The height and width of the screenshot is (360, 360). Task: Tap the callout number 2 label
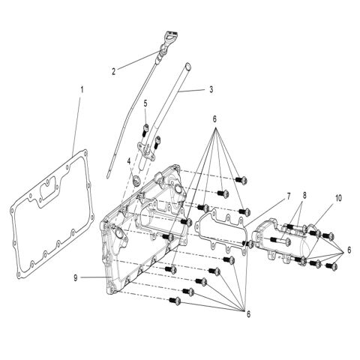point(114,71)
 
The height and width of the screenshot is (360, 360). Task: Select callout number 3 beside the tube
point(211,89)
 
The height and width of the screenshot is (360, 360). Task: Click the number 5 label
point(146,103)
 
